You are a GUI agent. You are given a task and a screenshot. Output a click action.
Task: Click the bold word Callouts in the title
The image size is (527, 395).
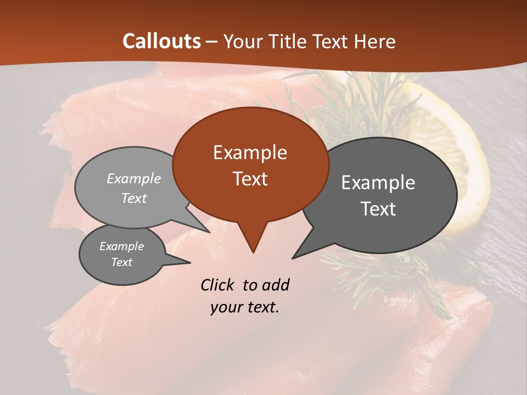coord(161,41)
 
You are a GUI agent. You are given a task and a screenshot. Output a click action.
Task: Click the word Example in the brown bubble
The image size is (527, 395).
coord(250,153)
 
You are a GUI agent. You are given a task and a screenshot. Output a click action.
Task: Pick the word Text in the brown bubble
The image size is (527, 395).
coord(250,179)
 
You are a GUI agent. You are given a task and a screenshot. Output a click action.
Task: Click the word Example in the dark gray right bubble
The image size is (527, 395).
coord(378,183)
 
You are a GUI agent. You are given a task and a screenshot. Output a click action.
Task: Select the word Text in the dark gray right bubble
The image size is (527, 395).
coord(378,209)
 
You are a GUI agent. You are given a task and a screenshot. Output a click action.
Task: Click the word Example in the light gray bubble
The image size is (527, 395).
coord(134,178)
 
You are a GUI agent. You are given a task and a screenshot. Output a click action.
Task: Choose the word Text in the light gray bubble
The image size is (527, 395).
coord(134,198)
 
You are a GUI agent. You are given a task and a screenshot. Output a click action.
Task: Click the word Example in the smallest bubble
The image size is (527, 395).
coord(121,246)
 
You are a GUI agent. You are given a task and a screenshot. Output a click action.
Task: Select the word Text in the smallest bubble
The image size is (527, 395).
coord(121,262)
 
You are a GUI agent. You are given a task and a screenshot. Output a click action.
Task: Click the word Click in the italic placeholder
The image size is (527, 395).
coord(218,285)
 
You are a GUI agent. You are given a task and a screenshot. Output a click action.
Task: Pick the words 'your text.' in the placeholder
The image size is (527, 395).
coord(244,308)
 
